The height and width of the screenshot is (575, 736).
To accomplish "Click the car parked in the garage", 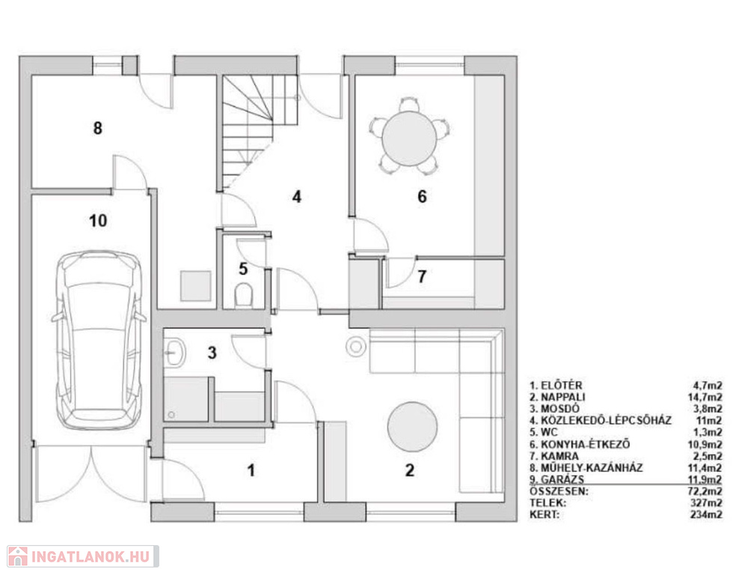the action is point(99,340).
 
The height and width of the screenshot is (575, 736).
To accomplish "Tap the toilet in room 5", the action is point(243,294).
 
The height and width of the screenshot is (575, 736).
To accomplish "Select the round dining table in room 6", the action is point(409,138).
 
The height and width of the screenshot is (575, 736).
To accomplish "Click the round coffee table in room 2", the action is point(413,427).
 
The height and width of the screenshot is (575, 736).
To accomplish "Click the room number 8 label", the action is point(98,128).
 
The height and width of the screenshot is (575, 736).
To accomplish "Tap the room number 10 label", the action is point(98,220).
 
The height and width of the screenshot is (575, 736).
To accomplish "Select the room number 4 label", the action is point(297,196).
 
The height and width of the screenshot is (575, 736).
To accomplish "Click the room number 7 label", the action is point(422,277).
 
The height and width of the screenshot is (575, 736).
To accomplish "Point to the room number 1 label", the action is point(251,470).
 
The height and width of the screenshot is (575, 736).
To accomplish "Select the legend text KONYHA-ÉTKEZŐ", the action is point(586,445).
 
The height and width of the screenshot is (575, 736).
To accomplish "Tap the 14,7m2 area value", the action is point(705,397).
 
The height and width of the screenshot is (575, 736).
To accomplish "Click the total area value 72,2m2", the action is point(705,491).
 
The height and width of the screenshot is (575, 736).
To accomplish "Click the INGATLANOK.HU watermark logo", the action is point(83,556).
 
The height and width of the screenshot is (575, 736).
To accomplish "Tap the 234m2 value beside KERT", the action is point(706,515).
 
